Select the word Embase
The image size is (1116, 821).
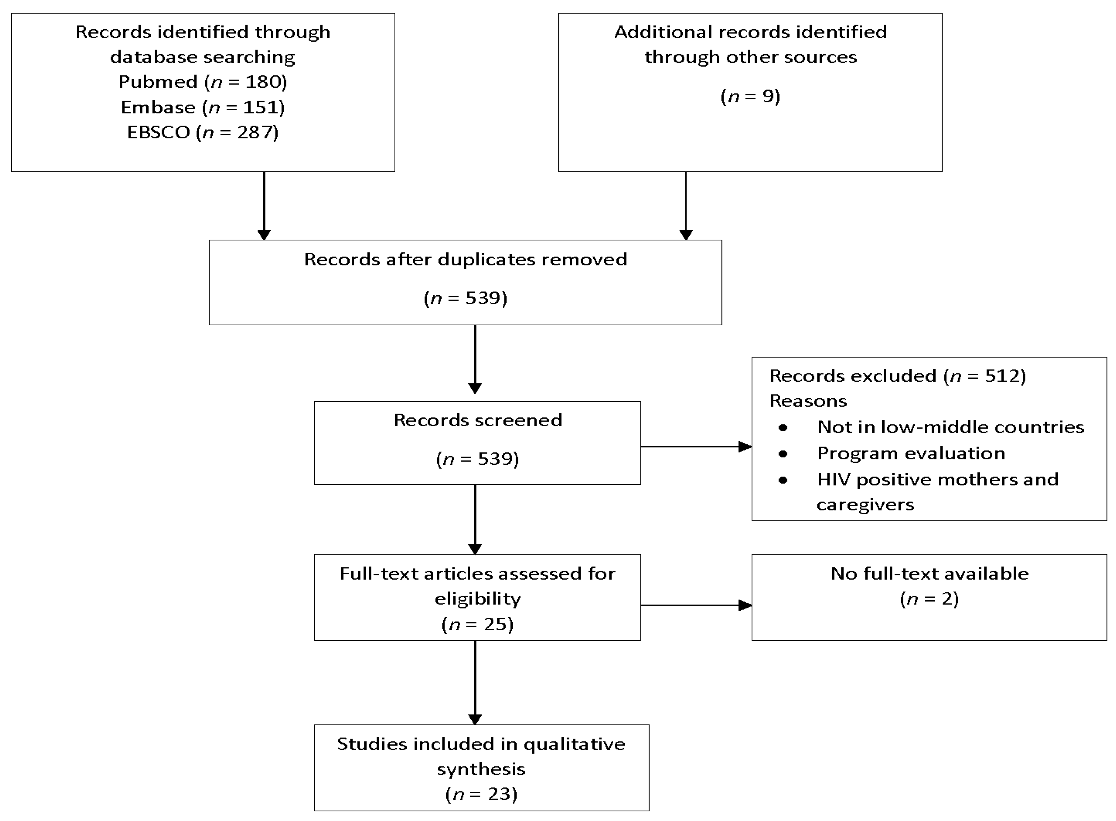pyautogui.click(x=158, y=107)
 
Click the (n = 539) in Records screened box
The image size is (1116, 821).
pyautogui.click(x=477, y=458)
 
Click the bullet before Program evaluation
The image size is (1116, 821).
pyautogui.click(x=783, y=453)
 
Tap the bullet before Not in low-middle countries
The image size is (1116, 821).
pyautogui.click(x=783, y=427)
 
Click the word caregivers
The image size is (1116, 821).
pyautogui.click(x=865, y=505)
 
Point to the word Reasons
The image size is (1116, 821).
pyautogui.click(x=808, y=401)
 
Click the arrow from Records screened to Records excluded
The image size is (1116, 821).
pyautogui.click(x=696, y=447)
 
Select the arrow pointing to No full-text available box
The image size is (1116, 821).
pyautogui.click(x=696, y=605)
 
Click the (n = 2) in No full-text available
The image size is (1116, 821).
pyautogui.click(x=929, y=599)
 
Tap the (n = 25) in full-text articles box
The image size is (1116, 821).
pyautogui.click(x=477, y=624)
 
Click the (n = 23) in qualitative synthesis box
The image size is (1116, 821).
pyautogui.click(x=481, y=794)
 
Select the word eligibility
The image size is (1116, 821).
pyautogui.click(x=477, y=599)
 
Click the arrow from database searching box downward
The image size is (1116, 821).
pyautogui.click(x=264, y=206)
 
